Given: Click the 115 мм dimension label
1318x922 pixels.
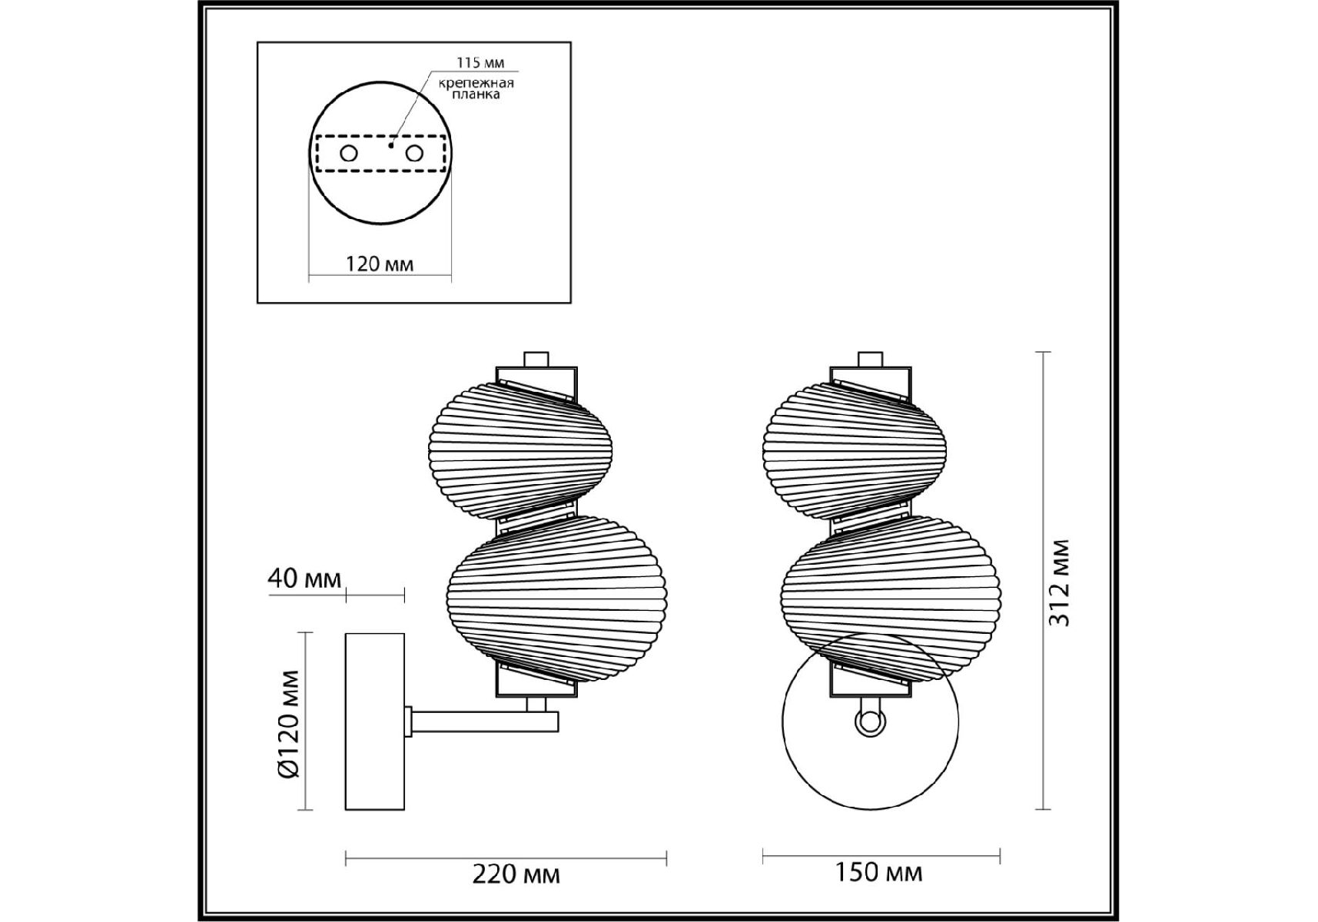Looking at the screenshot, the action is [480, 63].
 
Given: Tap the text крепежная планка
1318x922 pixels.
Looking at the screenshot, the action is [476, 88].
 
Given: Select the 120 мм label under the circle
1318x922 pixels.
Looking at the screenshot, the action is [380, 264].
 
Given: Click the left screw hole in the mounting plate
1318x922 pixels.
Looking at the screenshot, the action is [349, 154].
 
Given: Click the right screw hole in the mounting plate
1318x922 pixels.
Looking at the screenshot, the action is [414, 154].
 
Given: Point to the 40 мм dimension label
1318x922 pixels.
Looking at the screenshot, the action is [304, 578].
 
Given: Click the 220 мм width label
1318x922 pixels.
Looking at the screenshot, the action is [516, 874].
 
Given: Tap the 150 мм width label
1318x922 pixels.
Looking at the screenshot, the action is [879, 871].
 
